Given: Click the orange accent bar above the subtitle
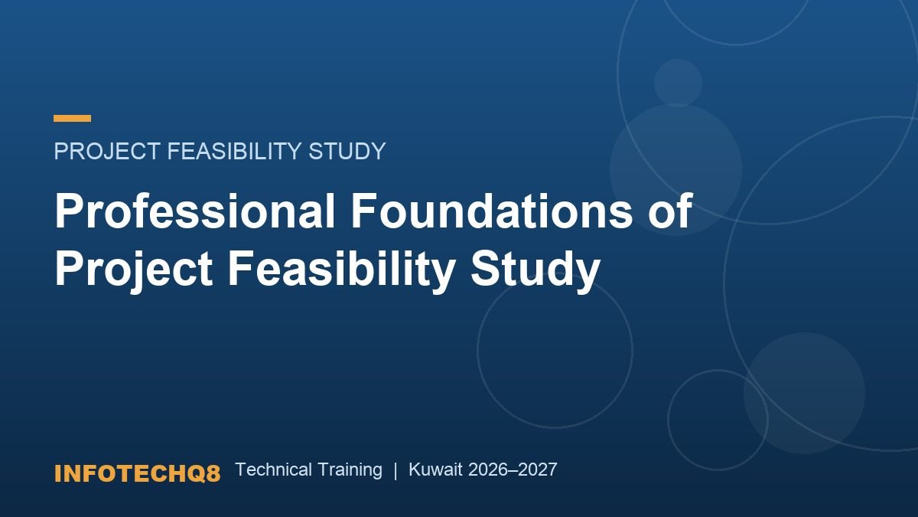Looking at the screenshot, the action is [x=72, y=118].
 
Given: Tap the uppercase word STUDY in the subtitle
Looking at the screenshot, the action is [x=347, y=151].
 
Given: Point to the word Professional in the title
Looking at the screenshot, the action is [x=195, y=211].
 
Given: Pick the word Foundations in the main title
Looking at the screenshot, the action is [x=492, y=211].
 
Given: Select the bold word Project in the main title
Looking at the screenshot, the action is [x=134, y=270].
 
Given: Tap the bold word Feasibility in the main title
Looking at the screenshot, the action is [x=341, y=270].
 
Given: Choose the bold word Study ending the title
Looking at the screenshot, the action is [x=535, y=270].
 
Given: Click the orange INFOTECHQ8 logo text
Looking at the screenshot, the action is [x=137, y=473].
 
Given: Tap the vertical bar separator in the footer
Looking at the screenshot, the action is [x=396, y=470].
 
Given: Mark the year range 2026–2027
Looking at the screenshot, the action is [x=513, y=470].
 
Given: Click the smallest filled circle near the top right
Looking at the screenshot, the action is [x=678, y=83].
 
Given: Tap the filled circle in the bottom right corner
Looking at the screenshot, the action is [x=805, y=393].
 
